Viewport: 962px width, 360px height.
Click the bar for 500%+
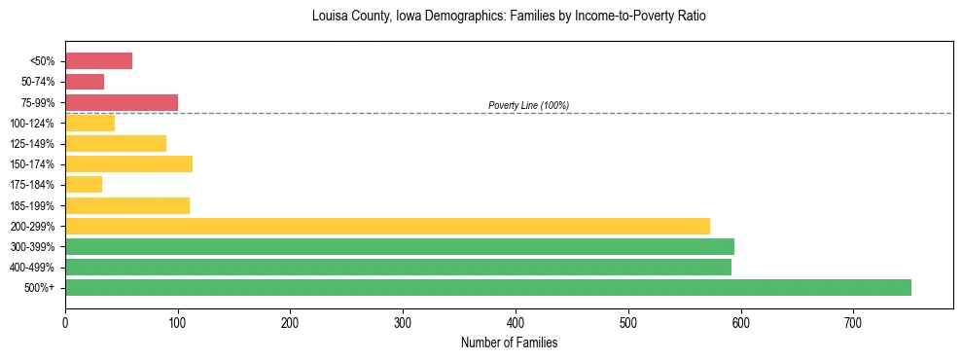coord(487,287)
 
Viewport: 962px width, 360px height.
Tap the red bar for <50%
coord(98,61)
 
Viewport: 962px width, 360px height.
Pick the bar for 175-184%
coord(84,184)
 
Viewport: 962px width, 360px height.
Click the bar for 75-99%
coord(122,102)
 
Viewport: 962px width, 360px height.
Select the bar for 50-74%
coord(85,82)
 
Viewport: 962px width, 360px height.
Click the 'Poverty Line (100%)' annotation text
coord(528,105)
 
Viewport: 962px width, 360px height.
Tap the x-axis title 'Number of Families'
coord(509,342)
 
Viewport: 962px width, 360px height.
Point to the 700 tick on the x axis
coord(853,323)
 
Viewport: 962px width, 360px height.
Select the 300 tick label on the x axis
coord(403,323)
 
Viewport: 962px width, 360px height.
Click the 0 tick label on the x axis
coord(65,323)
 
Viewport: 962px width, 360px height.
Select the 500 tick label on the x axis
coord(627,323)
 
